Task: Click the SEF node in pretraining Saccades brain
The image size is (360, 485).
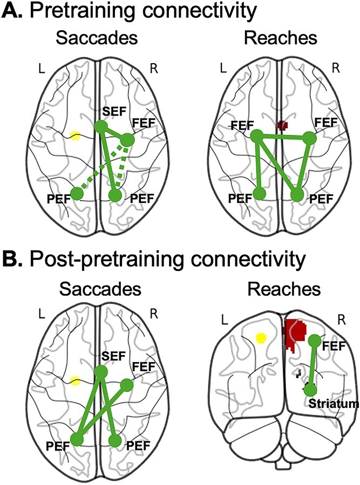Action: click(x=100, y=126)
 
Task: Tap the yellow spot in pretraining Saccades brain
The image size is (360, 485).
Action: click(x=76, y=136)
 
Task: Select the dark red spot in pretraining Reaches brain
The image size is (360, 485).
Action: click(x=282, y=125)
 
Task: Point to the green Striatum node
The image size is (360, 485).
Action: click(x=310, y=390)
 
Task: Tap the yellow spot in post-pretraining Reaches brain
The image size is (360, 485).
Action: click(x=261, y=338)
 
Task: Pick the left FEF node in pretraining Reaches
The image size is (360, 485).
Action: click(x=257, y=136)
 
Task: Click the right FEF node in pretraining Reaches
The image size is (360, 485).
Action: click(x=309, y=139)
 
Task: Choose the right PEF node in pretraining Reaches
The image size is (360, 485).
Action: click(x=297, y=195)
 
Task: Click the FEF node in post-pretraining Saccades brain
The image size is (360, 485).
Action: click(x=127, y=385)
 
